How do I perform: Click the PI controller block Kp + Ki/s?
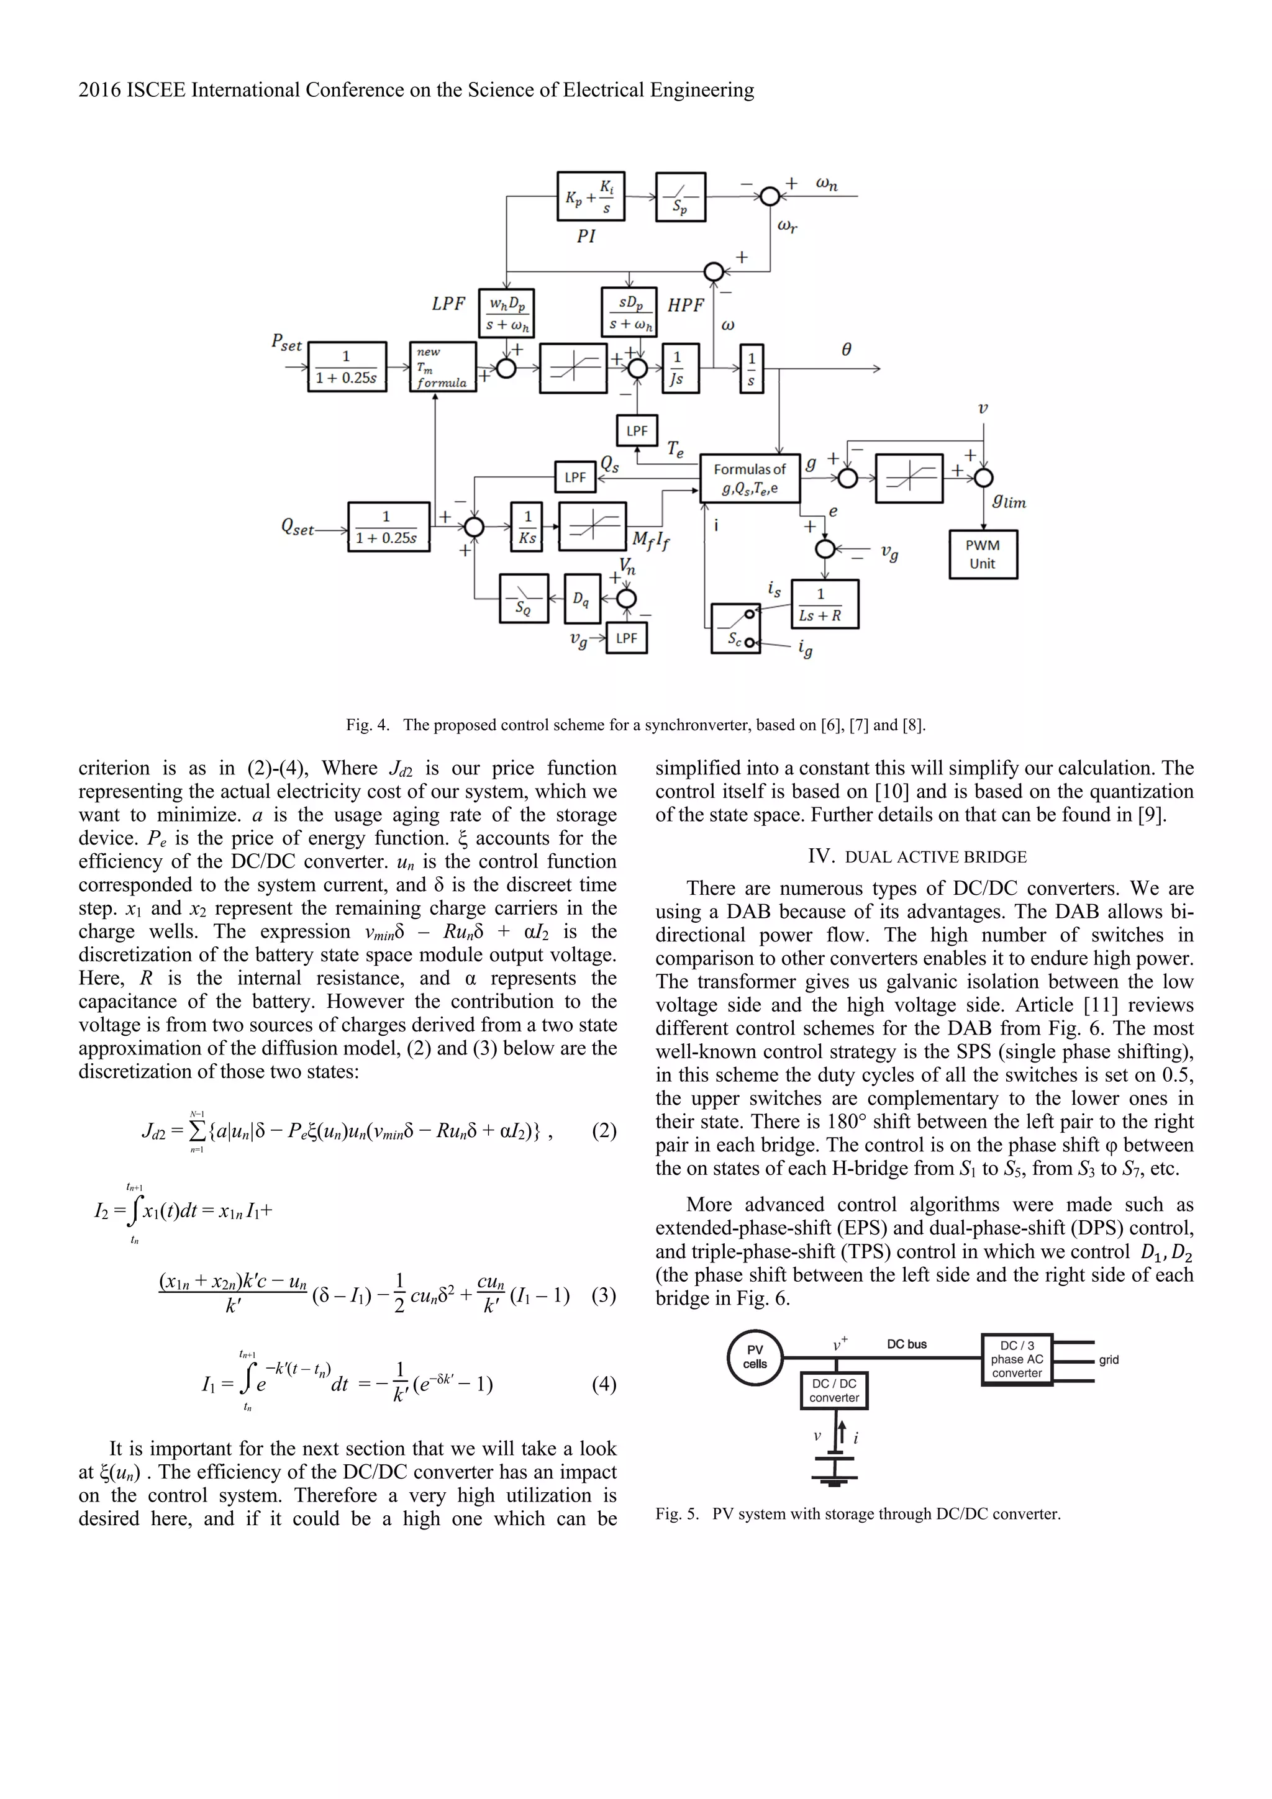tap(590, 196)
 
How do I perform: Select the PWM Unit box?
tap(983, 555)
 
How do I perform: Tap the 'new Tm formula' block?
tap(443, 367)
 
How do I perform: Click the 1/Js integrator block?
tap(676, 368)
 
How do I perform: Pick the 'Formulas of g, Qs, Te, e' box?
tap(749, 479)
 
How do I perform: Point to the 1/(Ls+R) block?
tap(824, 604)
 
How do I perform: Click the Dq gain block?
tap(581, 599)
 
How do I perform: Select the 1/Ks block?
tap(527, 527)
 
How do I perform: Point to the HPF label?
tap(686, 305)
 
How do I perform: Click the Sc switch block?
tap(735, 628)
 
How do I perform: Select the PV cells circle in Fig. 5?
tap(755, 1357)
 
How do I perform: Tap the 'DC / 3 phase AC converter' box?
tap(1017, 1359)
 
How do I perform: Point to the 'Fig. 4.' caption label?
tap(368, 725)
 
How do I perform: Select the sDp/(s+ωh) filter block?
tap(629, 312)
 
